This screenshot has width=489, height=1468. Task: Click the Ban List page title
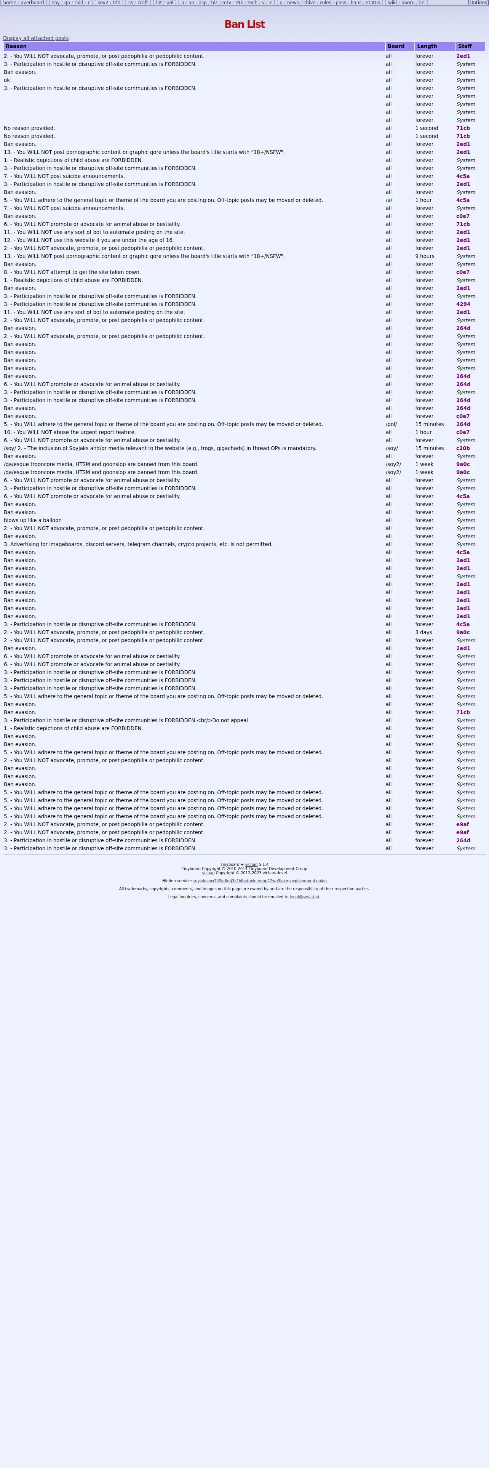[x=244, y=24]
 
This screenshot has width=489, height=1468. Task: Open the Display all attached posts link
[x=36, y=38]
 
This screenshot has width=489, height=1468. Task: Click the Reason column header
[x=16, y=46]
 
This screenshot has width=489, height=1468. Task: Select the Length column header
[x=427, y=46]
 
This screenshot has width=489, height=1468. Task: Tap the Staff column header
[x=465, y=46]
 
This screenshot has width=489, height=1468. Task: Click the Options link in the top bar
[x=478, y=3]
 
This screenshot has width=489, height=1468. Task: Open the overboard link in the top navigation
[x=32, y=3]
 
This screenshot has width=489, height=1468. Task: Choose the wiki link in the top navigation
[x=392, y=3]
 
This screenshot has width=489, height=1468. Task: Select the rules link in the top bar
[x=325, y=3]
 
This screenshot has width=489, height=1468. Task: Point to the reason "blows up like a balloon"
[x=32, y=520]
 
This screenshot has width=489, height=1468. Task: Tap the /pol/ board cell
[x=391, y=425]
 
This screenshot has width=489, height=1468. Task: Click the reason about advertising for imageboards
[x=138, y=544]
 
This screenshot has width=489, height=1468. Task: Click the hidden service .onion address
[x=260, y=881]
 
